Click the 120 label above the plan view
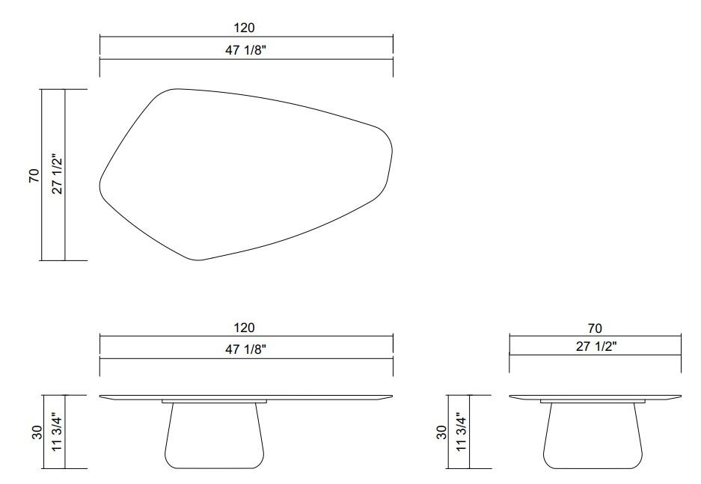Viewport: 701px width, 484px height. click(x=245, y=28)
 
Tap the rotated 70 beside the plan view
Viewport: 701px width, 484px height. click(x=34, y=176)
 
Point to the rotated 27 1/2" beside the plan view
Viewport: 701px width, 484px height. click(x=54, y=176)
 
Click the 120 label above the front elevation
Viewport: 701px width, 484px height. click(x=245, y=328)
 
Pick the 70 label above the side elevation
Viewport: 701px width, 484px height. click(x=595, y=328)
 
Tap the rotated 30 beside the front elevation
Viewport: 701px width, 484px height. click(x=34, y=432)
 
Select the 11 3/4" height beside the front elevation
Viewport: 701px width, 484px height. click(x=54, y=432)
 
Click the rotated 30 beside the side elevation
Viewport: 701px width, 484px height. click(x=441, y=432)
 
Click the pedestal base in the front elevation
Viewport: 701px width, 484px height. click(x=215, y=438)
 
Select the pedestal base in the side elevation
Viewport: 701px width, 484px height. click(x=595, y=438)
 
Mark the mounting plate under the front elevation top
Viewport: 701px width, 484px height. click(x=215, y=402)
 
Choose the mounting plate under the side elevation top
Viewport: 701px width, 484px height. click(x=595, y=402)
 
